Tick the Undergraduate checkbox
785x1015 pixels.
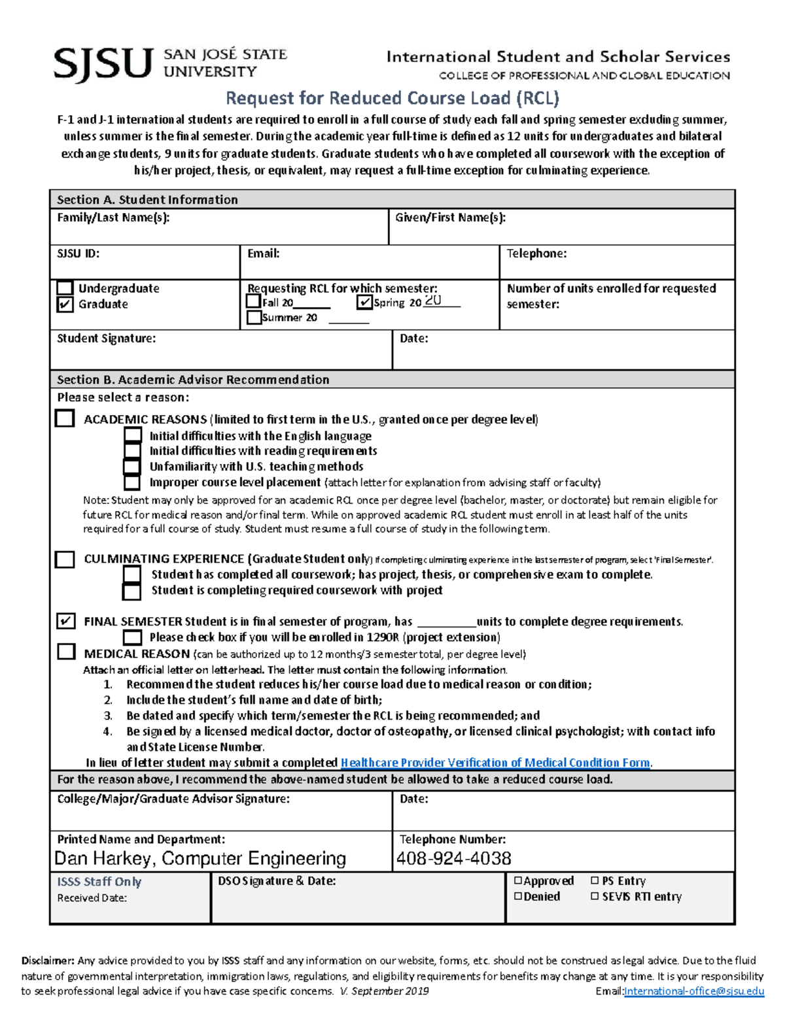click(x=65, y=288)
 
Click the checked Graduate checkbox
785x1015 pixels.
click(x=65, y=305)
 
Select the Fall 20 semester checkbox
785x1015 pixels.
click(x=254, y=301)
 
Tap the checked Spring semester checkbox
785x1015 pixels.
click(x=365, y=302)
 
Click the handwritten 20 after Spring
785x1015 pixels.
click(x=433, y=301)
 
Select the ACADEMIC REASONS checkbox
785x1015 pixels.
click(x=65, y=418)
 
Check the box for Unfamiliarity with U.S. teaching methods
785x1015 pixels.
click(x=132, y=467)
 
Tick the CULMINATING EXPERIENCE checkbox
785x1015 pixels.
click(x=65, y=559)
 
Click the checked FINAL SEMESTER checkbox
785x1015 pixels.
click(x=65, y=621)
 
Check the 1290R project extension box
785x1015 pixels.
click(x=133, y=637)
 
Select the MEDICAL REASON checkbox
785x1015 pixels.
click(x=66, y=652)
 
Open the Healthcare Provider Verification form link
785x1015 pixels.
click(x=495, y=763)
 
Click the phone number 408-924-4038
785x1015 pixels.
click(x=453, y=858)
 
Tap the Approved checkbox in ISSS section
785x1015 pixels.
click(x=518, y=881)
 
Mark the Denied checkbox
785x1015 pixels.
click(x=518, y=897)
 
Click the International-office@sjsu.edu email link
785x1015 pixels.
click(x=694, y=991)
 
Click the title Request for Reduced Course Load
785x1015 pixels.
click(x=392, y=98)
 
